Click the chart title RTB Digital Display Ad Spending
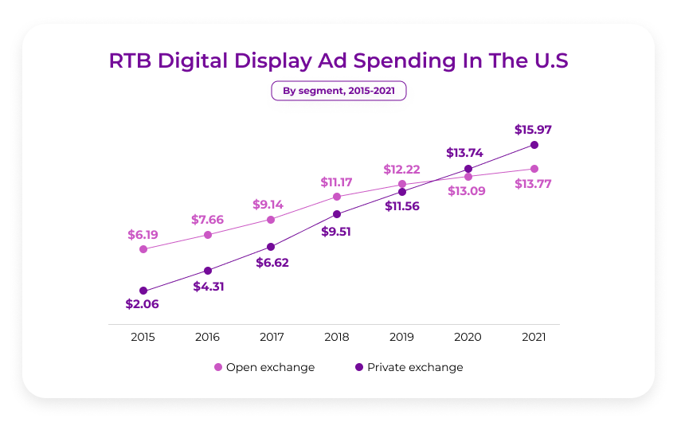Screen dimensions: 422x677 tap(338, 61)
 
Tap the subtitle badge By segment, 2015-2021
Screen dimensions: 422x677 tap(338, 91)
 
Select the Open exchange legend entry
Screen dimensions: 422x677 tap(264, 367)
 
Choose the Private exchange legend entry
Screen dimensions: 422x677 tap(409, 367)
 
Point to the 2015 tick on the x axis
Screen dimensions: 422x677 tap(143, 338)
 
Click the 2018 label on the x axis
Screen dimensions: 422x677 tap(337, 338)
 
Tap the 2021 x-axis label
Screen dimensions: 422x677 tap(534, 338)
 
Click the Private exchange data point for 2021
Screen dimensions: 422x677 tap(534, 145)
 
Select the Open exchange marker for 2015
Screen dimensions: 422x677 tap(143, 249)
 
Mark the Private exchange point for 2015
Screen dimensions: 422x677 tap(143, 291)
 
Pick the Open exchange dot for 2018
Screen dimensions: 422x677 tap(337, 197)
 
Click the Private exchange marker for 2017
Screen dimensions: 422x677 tap(271, 247)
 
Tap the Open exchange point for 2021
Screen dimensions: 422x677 tap(534, 169)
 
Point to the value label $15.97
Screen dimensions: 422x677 tap(534, 129)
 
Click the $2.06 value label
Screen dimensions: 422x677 tap(143, 304)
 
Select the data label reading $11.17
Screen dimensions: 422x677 tap(338, 182)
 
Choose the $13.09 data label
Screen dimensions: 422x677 tap(468, 191)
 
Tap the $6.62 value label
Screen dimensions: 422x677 tap(272, 262)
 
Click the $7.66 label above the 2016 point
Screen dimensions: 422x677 tap(208, 220)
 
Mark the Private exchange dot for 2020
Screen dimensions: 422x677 tap(468, 169)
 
